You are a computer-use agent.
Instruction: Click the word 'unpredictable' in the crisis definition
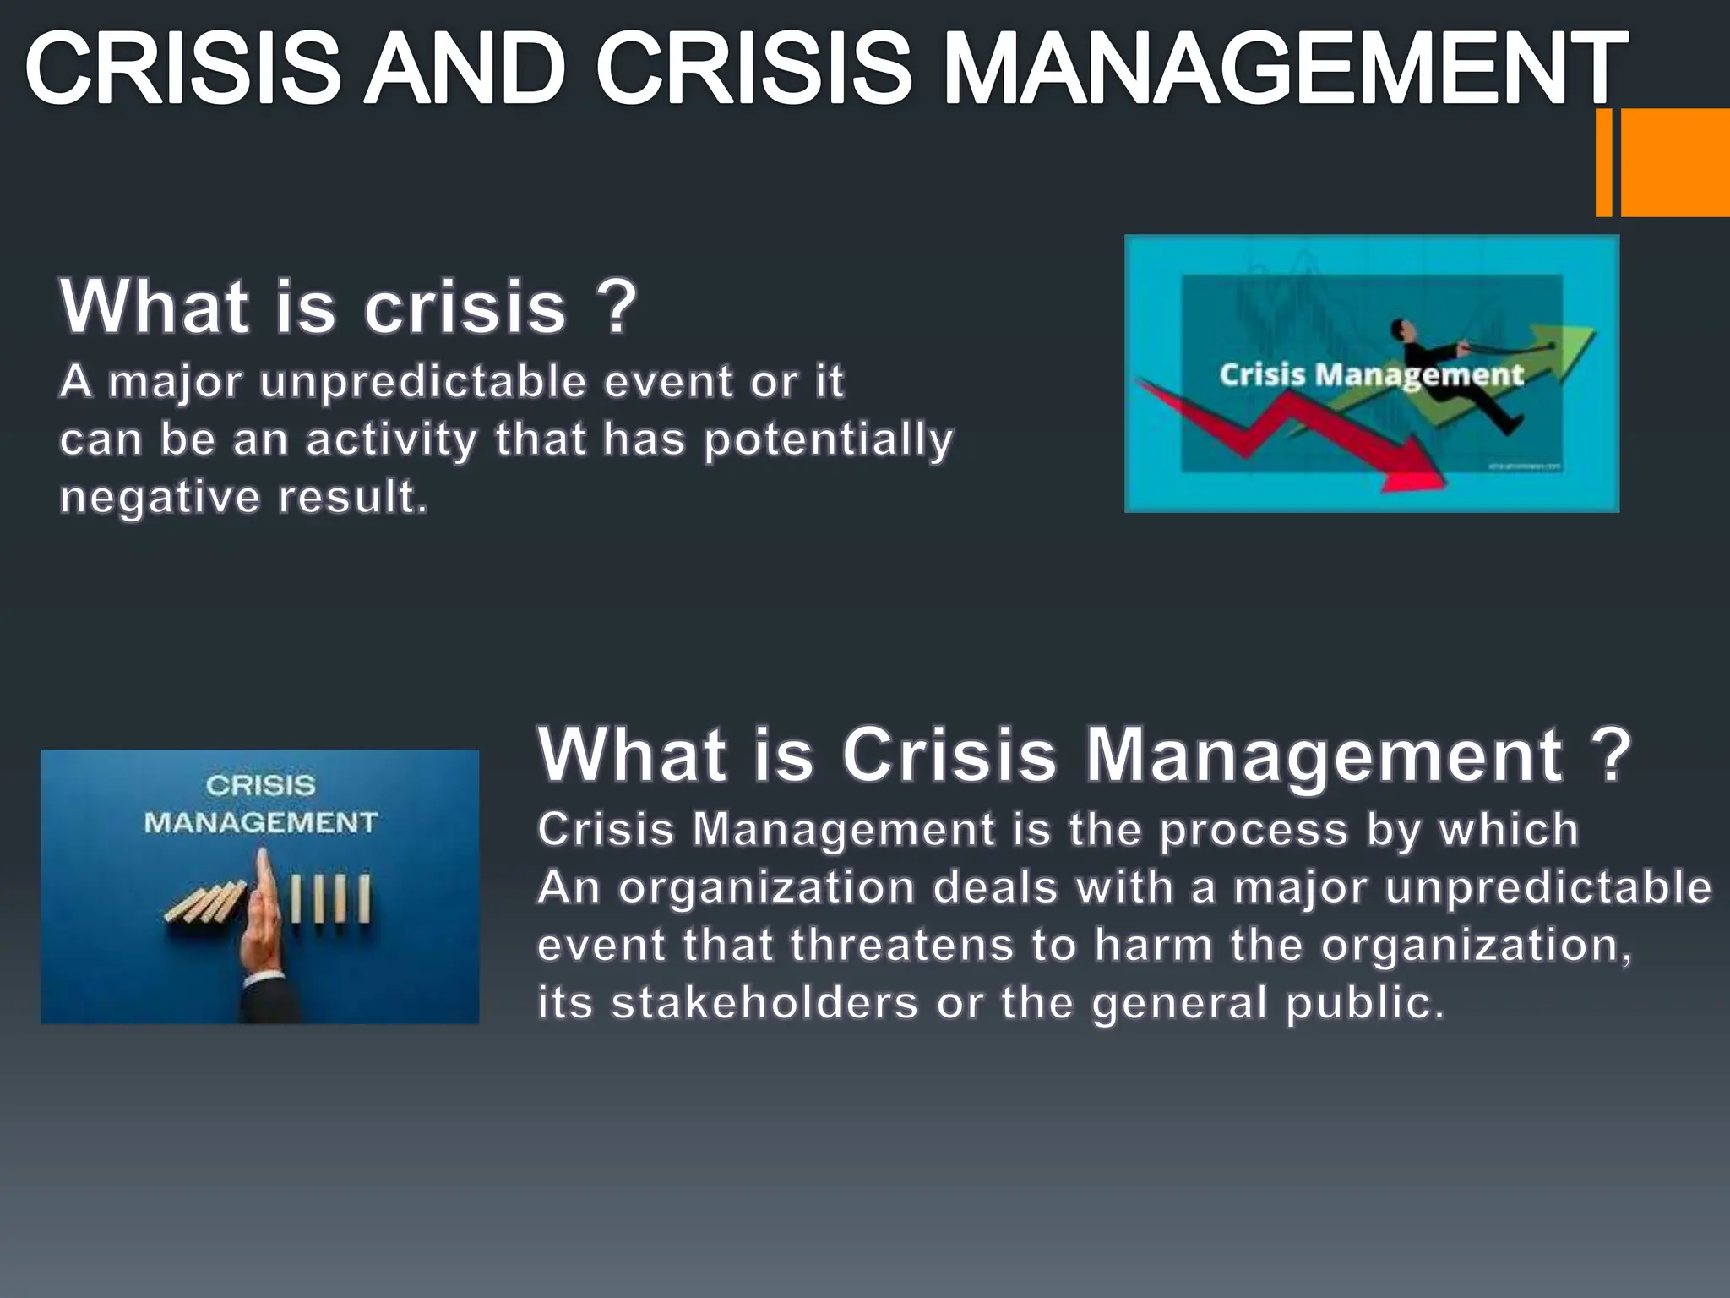(423, 382)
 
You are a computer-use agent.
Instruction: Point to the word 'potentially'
(829, 440)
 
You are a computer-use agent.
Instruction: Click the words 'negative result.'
(244, 497)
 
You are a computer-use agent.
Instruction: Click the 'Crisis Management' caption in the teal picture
(1370, 374)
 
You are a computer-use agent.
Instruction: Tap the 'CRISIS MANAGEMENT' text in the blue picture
(260, 804)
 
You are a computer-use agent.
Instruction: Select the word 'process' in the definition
(1254, 830)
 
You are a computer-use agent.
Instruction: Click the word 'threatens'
(902, 945)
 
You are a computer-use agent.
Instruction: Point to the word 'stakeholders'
(765, 1003)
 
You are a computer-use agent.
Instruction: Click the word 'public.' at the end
(1365, 1003)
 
